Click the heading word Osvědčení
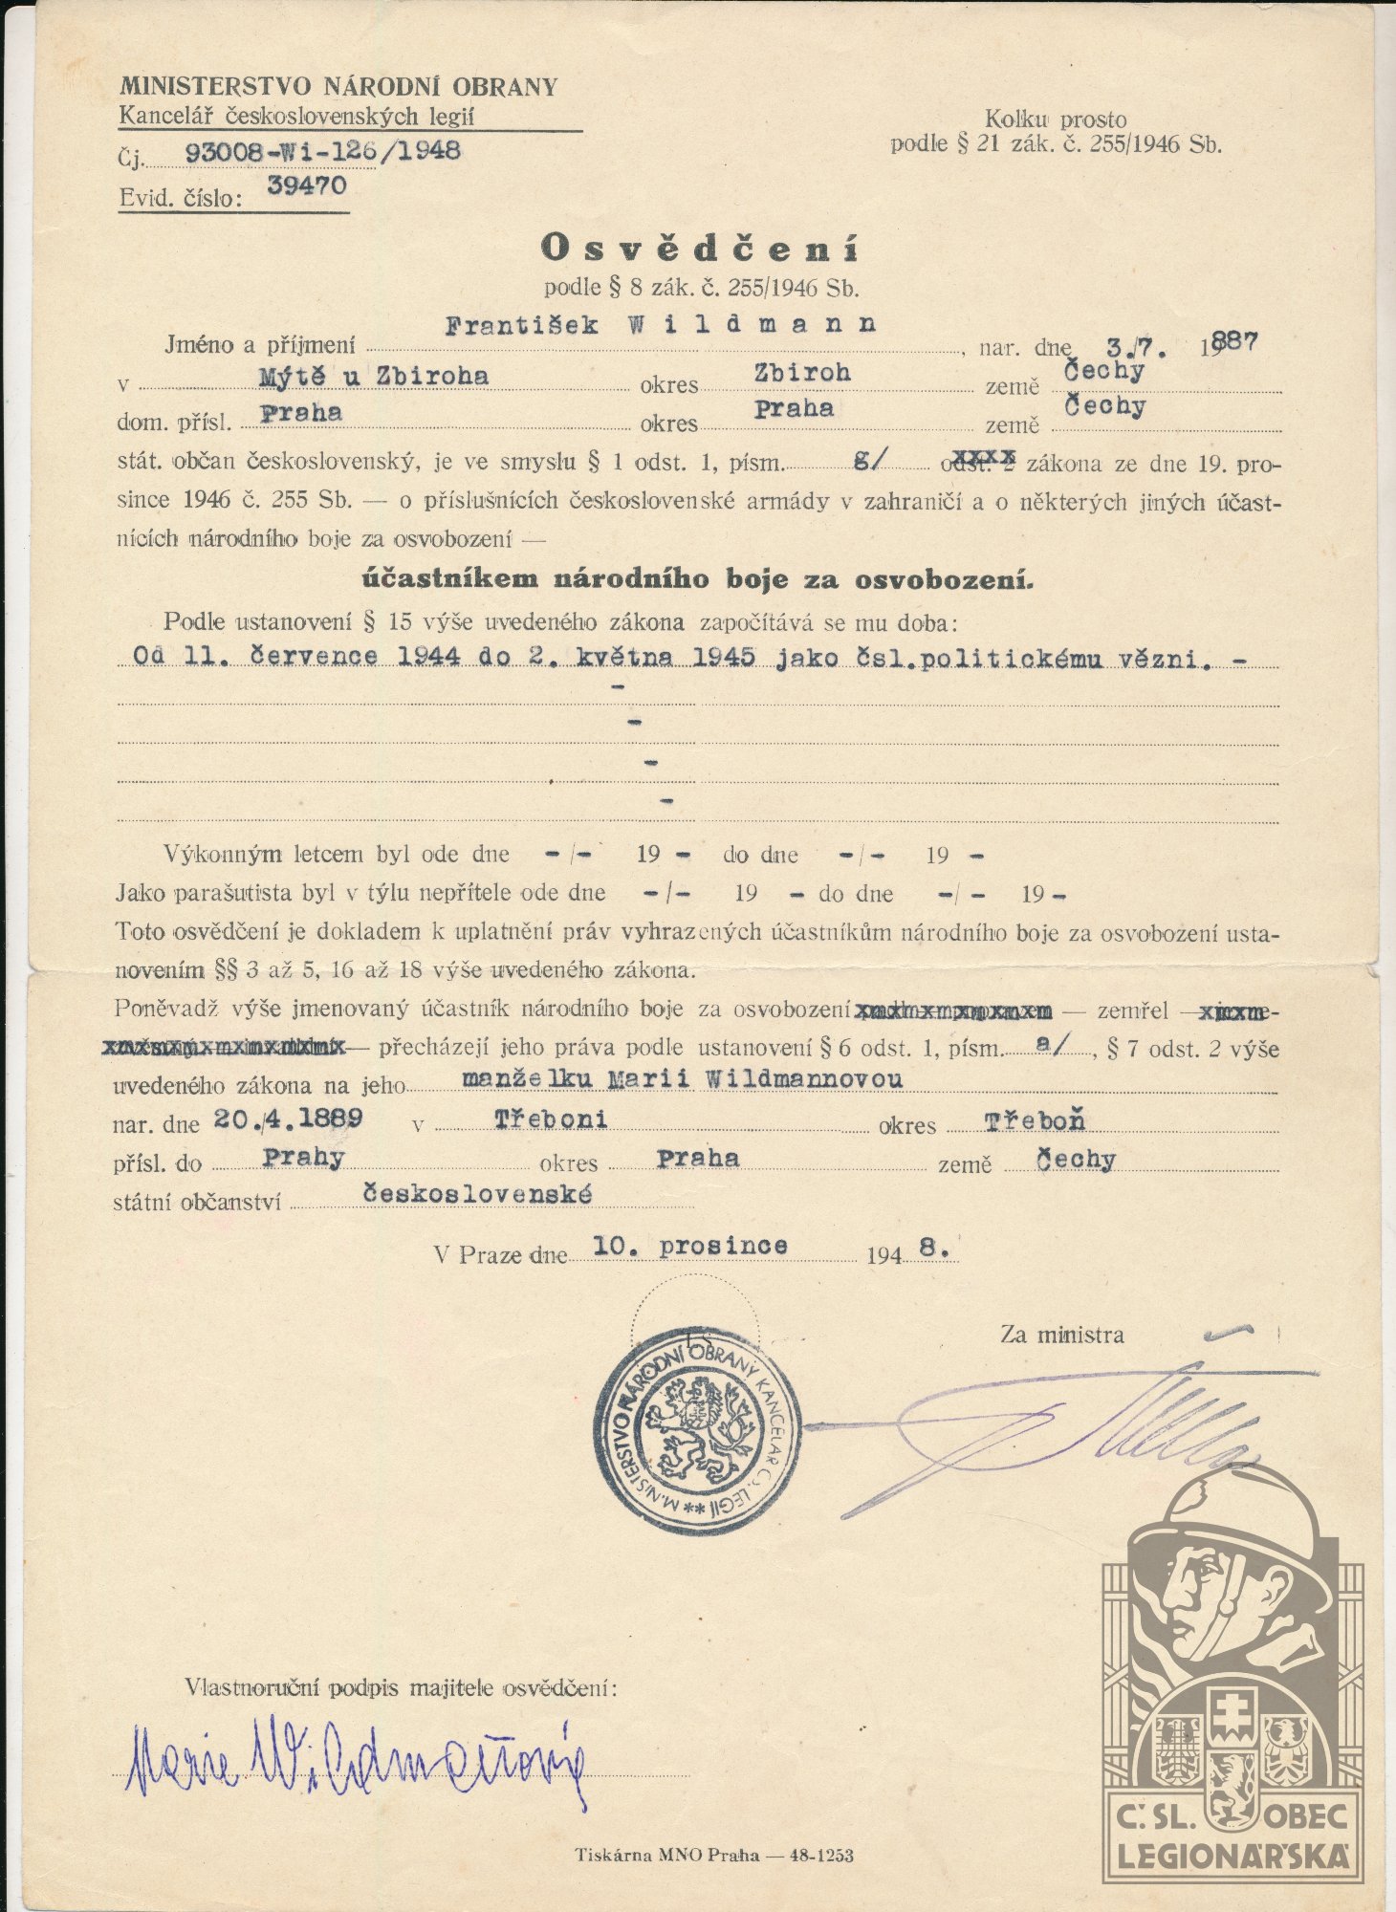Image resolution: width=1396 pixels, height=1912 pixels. tap(700, 249)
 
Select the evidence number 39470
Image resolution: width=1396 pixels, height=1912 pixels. tap(306, 185)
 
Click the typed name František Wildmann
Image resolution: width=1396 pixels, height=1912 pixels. tap(661, 324)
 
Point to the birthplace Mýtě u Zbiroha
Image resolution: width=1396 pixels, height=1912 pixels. tap(374, 376)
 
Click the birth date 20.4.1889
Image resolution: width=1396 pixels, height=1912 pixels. tap(288, 1119)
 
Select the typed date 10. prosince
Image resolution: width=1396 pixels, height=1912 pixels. tap(690, 1246)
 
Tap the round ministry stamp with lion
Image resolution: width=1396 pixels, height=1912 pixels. tap(696, 1426)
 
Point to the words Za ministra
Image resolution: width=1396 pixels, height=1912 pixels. tap(1061, 1335)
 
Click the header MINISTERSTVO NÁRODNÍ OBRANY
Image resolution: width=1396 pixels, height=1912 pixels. tap(338, 87)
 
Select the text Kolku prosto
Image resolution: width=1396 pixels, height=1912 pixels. tap(1056, 120)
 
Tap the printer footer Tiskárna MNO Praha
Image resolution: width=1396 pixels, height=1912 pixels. tap(666, 1856)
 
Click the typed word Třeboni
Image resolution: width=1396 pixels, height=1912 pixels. tap(551, 1119)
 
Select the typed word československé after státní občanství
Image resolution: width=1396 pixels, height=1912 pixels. tap(476, 1194)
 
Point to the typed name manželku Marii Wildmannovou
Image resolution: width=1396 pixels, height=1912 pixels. tap(682, 1079)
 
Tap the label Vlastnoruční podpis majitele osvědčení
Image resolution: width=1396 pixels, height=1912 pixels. tap(402, 1688)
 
